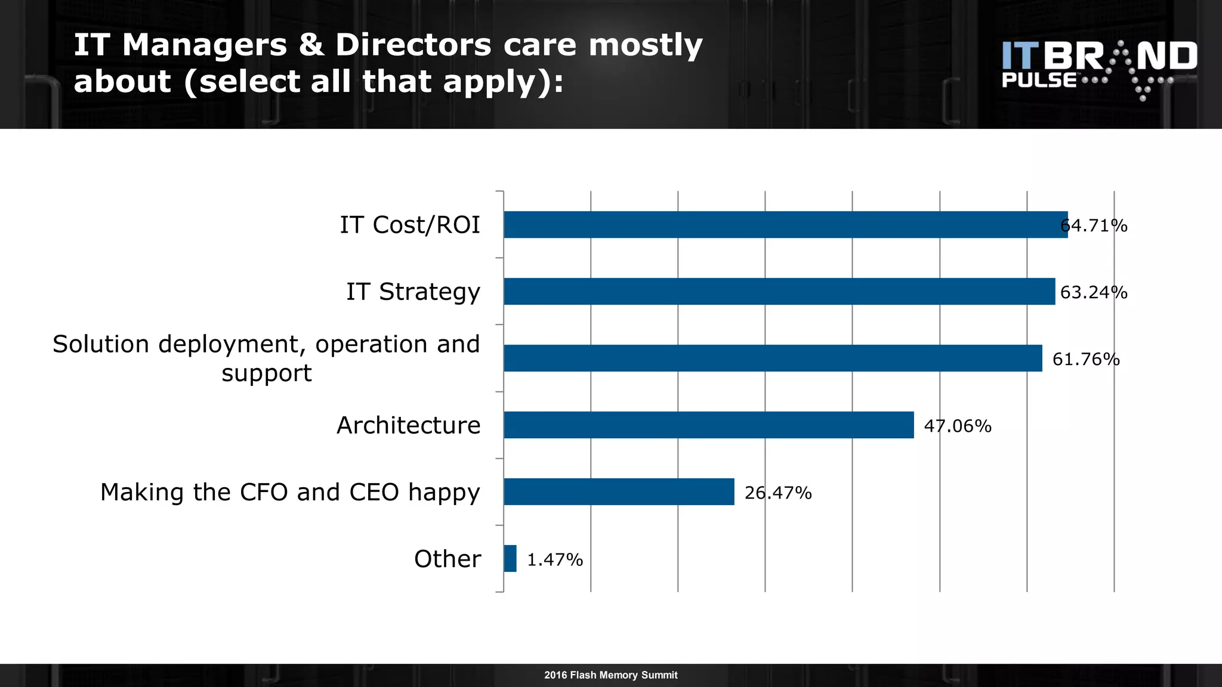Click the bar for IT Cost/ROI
click(x=785, y=225)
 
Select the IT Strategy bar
click(x=779, y=292)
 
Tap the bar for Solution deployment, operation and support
click(x=773, y=358)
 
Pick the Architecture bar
click(x=708, y=425)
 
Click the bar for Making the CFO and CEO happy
click(x=619, y=492)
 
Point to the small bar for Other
click(x=510, y=559)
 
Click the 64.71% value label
click(x=1094, y=226)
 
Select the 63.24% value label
click(x=1094, y=293)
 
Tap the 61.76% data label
click(x=1086, y=360)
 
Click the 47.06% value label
click(x=958, y=426)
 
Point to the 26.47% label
click(x=778, y=493)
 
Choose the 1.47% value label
click(x=555, y=560)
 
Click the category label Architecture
click(x=409, y=426)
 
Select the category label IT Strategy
click(x=413, y=292)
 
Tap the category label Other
click(x=448, y=559)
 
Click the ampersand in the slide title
click(x=311, y=45)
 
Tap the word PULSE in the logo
click(x=1039, y=81)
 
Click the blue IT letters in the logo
click(x=1020, y=56)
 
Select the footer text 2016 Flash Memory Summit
click(x=610, y=675)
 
